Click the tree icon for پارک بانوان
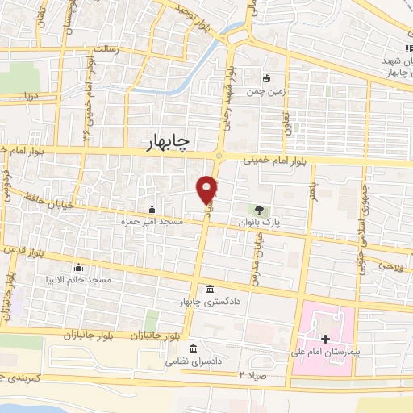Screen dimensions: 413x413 pyautogui.click(x=258, y=209)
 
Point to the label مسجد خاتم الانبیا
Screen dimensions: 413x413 pyautogui.click(x=80, y=279)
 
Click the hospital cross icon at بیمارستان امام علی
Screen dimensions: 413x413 pyautogui.click(x=325, y=339)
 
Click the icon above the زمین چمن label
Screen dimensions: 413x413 pyautogui.click(x=267, y=78)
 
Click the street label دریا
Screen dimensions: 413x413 pyautogui.click(x=31, y=94)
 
